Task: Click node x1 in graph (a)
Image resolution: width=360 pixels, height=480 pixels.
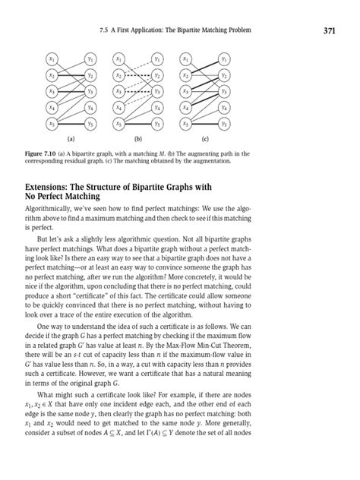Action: tap(52, 59)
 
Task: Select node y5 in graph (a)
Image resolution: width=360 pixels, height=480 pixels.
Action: tap(90, 123)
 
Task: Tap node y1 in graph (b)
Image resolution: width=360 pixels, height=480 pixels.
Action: tap(156, 59)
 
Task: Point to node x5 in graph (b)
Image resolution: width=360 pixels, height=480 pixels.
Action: tap(118, 123)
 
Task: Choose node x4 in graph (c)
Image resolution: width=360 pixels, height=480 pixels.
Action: tap(185, 107)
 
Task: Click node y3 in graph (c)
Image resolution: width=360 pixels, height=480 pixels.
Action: tap(224, 91)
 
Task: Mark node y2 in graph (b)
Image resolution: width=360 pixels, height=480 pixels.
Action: tap(156, 75)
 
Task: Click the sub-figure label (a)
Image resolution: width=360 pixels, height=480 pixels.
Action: tap(71, 140)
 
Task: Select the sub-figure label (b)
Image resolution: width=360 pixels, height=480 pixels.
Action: tap(137, 140)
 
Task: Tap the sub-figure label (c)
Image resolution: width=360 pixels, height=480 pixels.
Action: tap(204, 140)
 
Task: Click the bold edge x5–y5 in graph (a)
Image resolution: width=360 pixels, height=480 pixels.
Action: tap(71, 123)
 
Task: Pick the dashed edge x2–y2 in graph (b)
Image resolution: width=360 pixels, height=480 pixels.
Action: tap(137, 75)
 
